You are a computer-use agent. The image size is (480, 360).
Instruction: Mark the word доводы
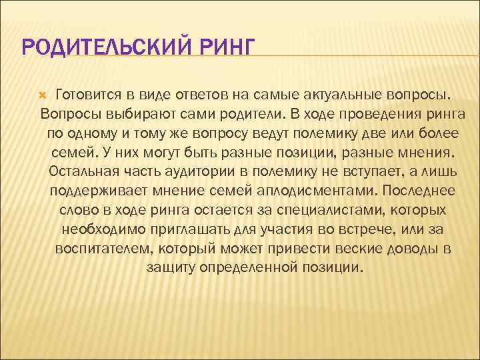411,249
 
